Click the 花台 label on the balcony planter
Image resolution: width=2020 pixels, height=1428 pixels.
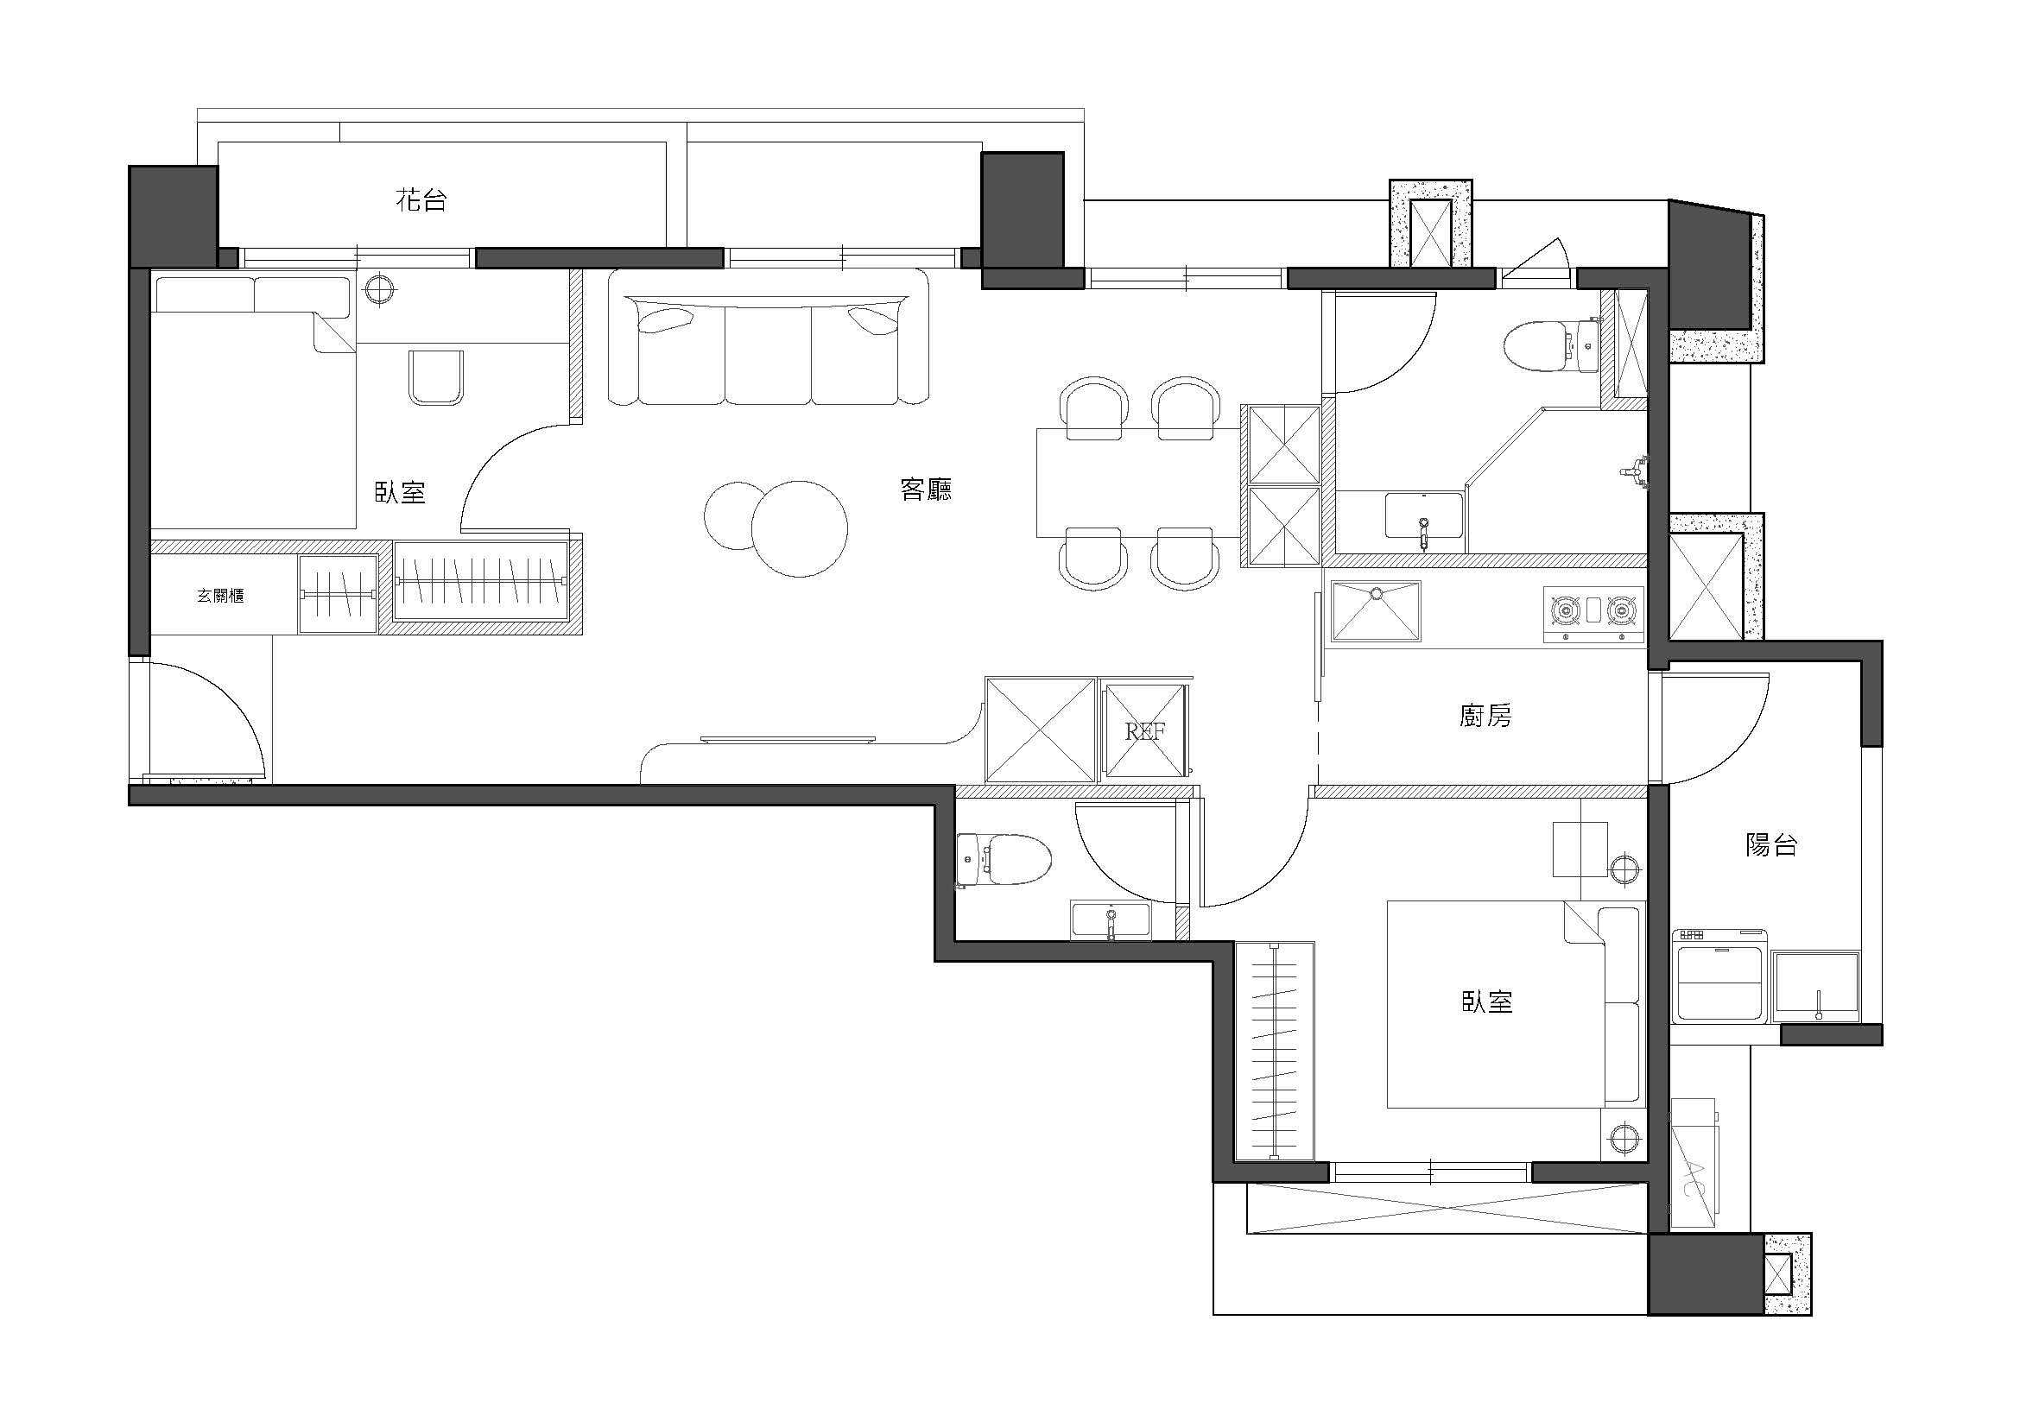tap(421, 200)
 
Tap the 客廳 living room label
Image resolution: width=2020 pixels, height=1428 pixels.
tap(926, 489)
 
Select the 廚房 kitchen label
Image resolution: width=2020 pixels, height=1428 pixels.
tap(1485, 716)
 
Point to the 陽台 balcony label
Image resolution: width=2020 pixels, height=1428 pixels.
tap(1771, 844)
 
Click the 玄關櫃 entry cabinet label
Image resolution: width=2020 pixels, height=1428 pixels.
tap(220, 596)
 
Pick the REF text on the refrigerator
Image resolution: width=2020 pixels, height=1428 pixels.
tap(1145, 731)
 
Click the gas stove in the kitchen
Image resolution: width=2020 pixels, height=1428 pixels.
tap(1593, 612)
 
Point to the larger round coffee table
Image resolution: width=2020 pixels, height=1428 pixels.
tap(799, 528)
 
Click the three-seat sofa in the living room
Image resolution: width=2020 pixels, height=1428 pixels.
tap(767, 338)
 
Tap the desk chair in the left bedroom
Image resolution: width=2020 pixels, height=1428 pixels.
tap(435, 377)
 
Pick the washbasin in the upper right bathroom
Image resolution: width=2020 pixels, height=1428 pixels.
tap(1424, 517)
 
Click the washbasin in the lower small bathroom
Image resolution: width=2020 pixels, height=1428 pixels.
tap(1111, 919)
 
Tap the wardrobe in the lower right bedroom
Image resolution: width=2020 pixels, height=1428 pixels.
tap(1274, 1051)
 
